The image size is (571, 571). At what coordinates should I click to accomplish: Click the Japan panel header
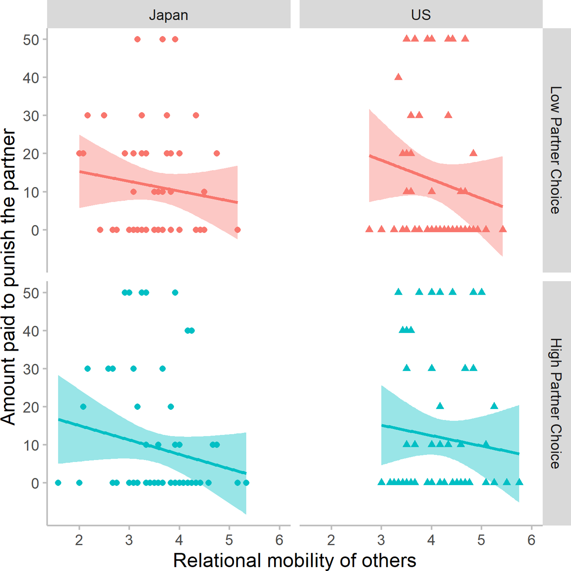pos(168,15)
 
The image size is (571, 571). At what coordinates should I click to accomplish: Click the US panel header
pos(421,15)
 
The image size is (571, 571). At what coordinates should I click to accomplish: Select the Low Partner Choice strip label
pos(556,150)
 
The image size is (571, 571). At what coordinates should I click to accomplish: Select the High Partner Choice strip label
pos(556,403)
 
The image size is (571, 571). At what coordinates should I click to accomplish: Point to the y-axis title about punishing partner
pos(8,276)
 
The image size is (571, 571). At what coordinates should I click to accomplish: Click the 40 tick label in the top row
pos(31,78)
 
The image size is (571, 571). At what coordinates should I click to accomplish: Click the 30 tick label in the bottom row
pos(31,369)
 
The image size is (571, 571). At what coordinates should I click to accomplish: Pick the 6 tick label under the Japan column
pos(279,540)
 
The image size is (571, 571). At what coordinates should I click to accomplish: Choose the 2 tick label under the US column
pos(331,540)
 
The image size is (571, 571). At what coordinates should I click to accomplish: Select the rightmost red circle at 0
pos(238,230)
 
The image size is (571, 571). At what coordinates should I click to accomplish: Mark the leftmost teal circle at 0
pos(58,483)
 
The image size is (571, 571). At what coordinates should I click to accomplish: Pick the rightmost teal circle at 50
pos(175,292)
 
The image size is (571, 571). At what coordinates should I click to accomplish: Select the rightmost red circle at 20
pos(217,153)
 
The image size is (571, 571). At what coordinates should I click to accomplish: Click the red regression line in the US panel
pos(436,181)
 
